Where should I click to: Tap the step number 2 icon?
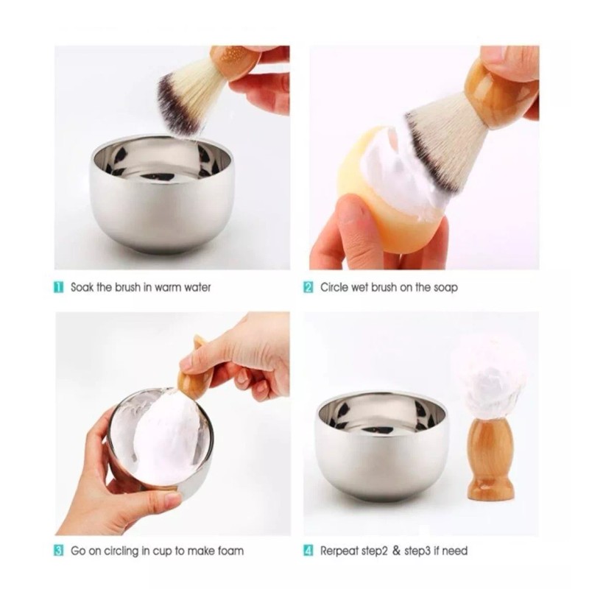tap(309, 286)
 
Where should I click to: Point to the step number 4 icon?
tap(309, 550)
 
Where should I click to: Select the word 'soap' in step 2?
tap(444, 286)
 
